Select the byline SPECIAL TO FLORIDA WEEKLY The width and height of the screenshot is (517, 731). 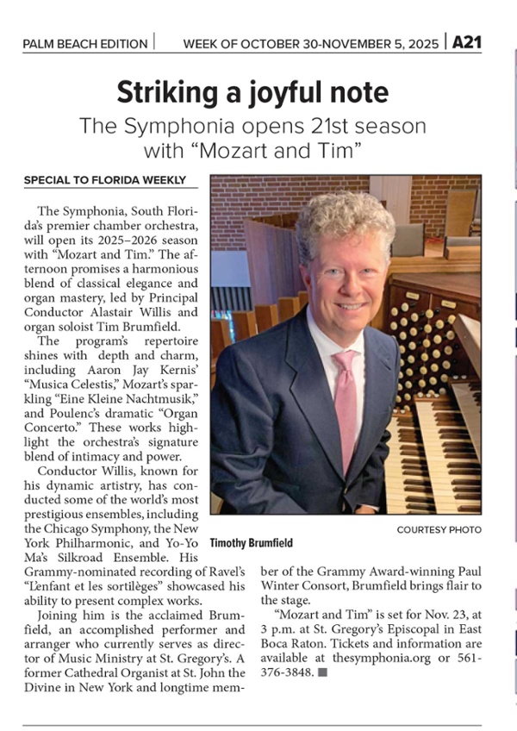point(104,180)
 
